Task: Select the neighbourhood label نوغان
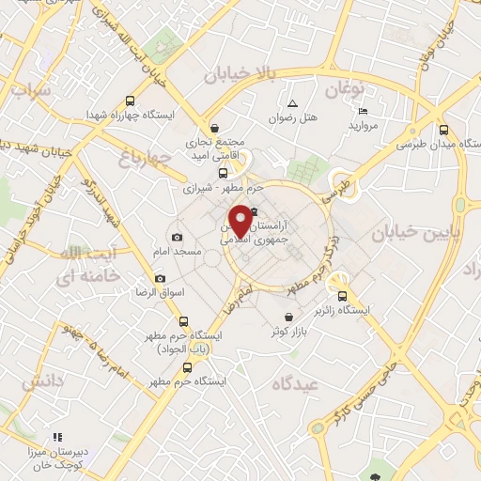[x=345, y=90]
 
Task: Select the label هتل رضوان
[x=294, y=119]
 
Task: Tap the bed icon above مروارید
[x=363, y=110]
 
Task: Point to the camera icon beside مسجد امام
[x=177, y=237]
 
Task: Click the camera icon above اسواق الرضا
[x=160, y=278]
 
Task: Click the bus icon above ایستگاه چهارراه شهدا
[x=129, y=101]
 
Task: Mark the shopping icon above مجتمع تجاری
[x=215, y=128]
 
